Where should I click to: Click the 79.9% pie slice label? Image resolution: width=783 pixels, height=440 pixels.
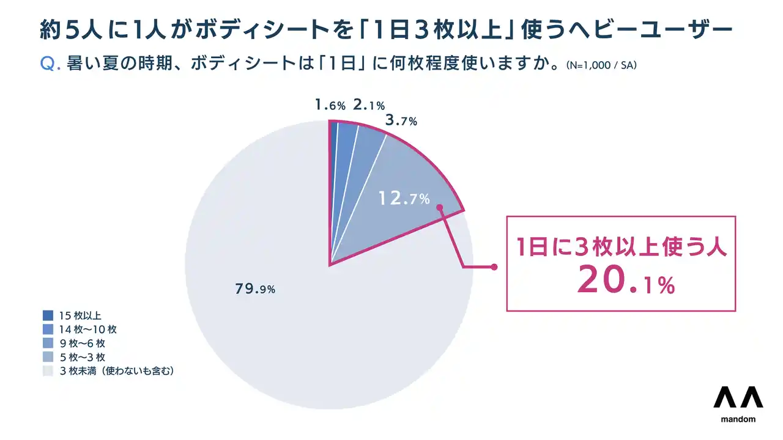(255, 289)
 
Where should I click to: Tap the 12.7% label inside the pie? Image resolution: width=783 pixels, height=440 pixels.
(404, 199)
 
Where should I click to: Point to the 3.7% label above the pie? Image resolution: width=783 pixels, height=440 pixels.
(401, 120)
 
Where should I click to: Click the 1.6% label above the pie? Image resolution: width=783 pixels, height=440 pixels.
(330, 105)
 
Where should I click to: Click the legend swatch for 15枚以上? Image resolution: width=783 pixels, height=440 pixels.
(48, 316)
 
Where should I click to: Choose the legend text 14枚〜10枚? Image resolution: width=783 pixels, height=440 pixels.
(87, 329)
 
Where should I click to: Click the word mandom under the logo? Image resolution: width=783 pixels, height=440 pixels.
(738, 419)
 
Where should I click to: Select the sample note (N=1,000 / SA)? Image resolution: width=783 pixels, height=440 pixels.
(601, 65)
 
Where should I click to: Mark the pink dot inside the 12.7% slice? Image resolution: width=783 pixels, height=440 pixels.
(439, 207)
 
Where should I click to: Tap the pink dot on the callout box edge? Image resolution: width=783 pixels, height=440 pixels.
(494, 267)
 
